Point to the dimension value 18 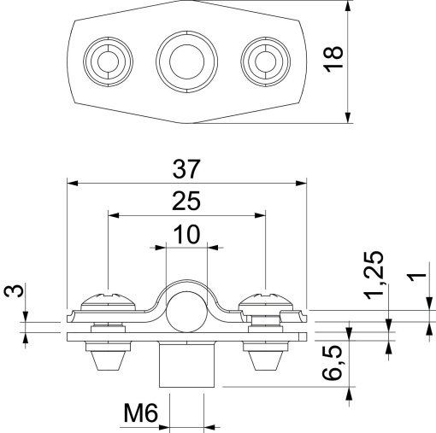tap(334, 59)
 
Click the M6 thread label tap(139, 415)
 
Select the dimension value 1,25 tap(374, 274)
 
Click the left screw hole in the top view tap(108, 60)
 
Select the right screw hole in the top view tap(262, 60)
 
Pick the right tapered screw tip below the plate tap(267, 360)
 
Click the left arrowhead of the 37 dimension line tap(70, 182)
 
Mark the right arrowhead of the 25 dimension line tap(262, 215)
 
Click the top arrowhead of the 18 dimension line tap(349, 4)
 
